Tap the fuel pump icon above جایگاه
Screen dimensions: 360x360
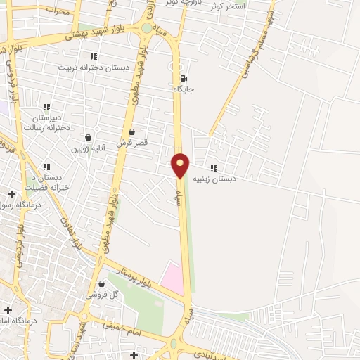[x=184, y=78]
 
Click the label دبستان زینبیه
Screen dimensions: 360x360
[x=214, y=179]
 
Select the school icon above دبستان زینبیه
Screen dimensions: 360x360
[x=214, y=168]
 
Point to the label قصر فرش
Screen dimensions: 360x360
[x=131, y=142]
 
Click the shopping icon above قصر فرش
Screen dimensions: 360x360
[x=131, y=131]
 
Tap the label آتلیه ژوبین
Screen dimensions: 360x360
[x=88, y=148]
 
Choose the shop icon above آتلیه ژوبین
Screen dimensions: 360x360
[x=88, y=138]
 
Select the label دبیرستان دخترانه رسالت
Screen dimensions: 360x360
[x=47, y=123]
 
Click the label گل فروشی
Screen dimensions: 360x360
[x=102, y=295]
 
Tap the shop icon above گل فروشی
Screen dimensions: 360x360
[x=103, y=284]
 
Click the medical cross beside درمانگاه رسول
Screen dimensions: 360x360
[x=11, y=194]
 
